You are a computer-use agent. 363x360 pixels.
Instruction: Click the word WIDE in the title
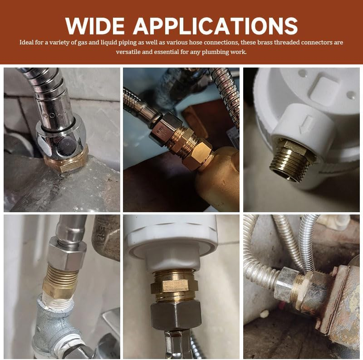(95, 26)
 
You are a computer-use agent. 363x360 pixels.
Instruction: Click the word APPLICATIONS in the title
(215, 26)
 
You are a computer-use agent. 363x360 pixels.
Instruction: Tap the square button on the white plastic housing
(324, 90)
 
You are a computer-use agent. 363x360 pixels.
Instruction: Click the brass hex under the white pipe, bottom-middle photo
(174, 286)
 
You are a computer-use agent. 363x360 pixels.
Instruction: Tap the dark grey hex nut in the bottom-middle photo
(176, 315)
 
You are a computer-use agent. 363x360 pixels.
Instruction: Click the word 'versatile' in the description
(128, 52)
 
